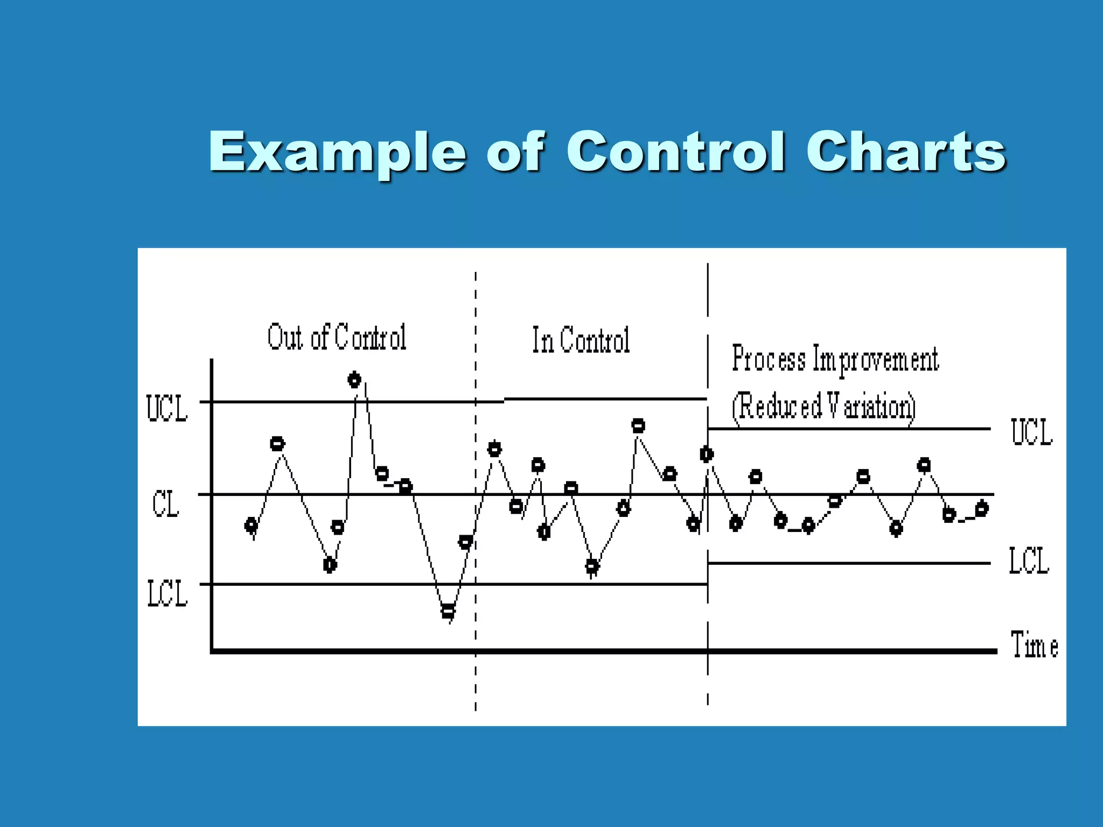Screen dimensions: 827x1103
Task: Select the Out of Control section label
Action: point(337,338)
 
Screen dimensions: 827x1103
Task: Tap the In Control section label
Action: point(581,340)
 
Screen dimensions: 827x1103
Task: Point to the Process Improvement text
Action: point(835,359)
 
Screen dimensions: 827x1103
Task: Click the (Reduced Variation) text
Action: point(823,407)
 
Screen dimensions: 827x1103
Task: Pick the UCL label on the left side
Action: point(166,409)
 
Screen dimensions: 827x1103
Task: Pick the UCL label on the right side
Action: point(1031,432)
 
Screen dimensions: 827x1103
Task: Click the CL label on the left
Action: point(165,504)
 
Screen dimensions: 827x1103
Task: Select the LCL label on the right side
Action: point(1029,561)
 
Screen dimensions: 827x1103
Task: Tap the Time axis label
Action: point(1034,645)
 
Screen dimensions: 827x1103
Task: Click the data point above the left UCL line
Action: point(354,380)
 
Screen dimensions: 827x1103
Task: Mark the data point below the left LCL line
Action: point(448,611)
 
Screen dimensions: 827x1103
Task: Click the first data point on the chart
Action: point(251,525)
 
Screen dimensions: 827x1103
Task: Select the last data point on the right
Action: point(981,508)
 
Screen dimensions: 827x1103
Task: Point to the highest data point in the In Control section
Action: point(638,426)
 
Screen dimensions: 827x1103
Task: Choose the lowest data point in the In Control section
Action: point(591,566)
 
